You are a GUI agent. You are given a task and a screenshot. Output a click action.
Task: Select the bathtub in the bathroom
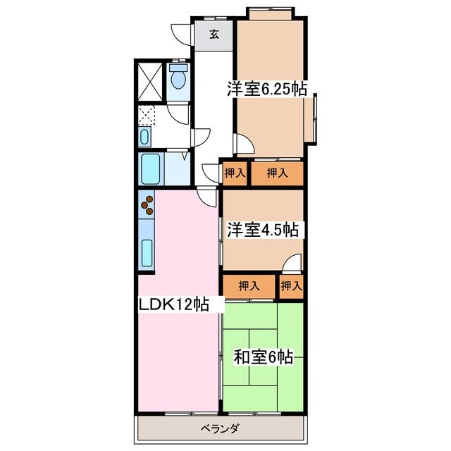(x=152, y=168)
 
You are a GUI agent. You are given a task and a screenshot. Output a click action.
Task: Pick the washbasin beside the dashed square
(x=144, y=137)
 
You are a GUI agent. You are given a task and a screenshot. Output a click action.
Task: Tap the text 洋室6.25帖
(x=266, y=89)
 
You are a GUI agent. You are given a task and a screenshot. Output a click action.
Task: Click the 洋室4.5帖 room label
(x=261, y=230)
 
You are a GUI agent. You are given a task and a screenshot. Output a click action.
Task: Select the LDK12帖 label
(x=173, y=304)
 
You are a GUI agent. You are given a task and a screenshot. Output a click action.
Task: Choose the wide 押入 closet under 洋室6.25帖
(x=277, y=172)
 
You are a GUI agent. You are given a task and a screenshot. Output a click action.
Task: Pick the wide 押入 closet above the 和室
(x=249, y=285)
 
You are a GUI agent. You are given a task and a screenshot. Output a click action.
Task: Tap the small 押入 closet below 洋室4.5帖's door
(x=291, y=285)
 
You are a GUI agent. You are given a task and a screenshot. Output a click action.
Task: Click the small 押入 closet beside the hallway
(x=234, y=172)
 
